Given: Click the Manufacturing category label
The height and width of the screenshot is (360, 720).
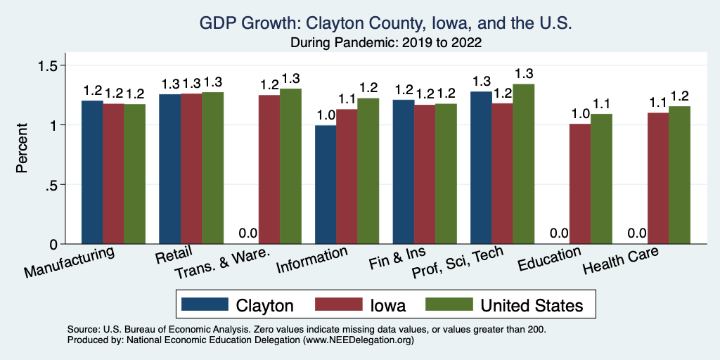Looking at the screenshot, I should [x=70, y=262].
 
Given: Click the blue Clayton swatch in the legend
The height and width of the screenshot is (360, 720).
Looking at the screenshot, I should [x=205, y=304].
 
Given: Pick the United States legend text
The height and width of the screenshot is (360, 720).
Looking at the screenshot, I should [x=532, y=305].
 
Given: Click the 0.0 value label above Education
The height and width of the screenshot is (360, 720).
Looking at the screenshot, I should [x=559, y=233].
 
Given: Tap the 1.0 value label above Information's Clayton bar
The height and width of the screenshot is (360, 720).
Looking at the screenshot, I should [x=326, y=115].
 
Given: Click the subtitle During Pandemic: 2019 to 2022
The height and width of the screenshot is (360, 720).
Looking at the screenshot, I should [x=386, y=42].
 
